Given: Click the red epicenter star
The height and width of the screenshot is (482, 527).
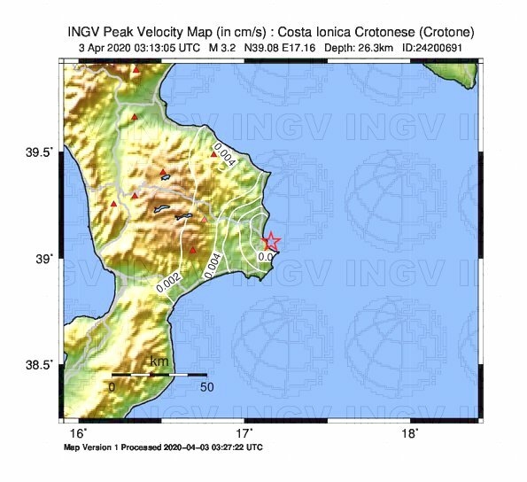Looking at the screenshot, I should coord(271,241).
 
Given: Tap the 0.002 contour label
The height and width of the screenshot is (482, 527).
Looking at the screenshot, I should coord(169,282).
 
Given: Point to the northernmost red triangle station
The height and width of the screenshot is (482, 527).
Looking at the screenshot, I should coord(136,69).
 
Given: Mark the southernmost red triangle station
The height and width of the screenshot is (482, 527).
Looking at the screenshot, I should coord(193,250).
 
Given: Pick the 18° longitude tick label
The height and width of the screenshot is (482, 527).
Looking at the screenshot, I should coord(410,433).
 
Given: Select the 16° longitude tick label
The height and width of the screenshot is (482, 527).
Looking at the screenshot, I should coord(79,433).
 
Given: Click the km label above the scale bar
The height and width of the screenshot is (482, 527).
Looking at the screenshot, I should coord(159,361).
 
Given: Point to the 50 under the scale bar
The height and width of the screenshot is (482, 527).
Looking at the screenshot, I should coord(206,387).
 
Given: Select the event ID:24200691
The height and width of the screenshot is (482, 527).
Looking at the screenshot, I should coord(431,47).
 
